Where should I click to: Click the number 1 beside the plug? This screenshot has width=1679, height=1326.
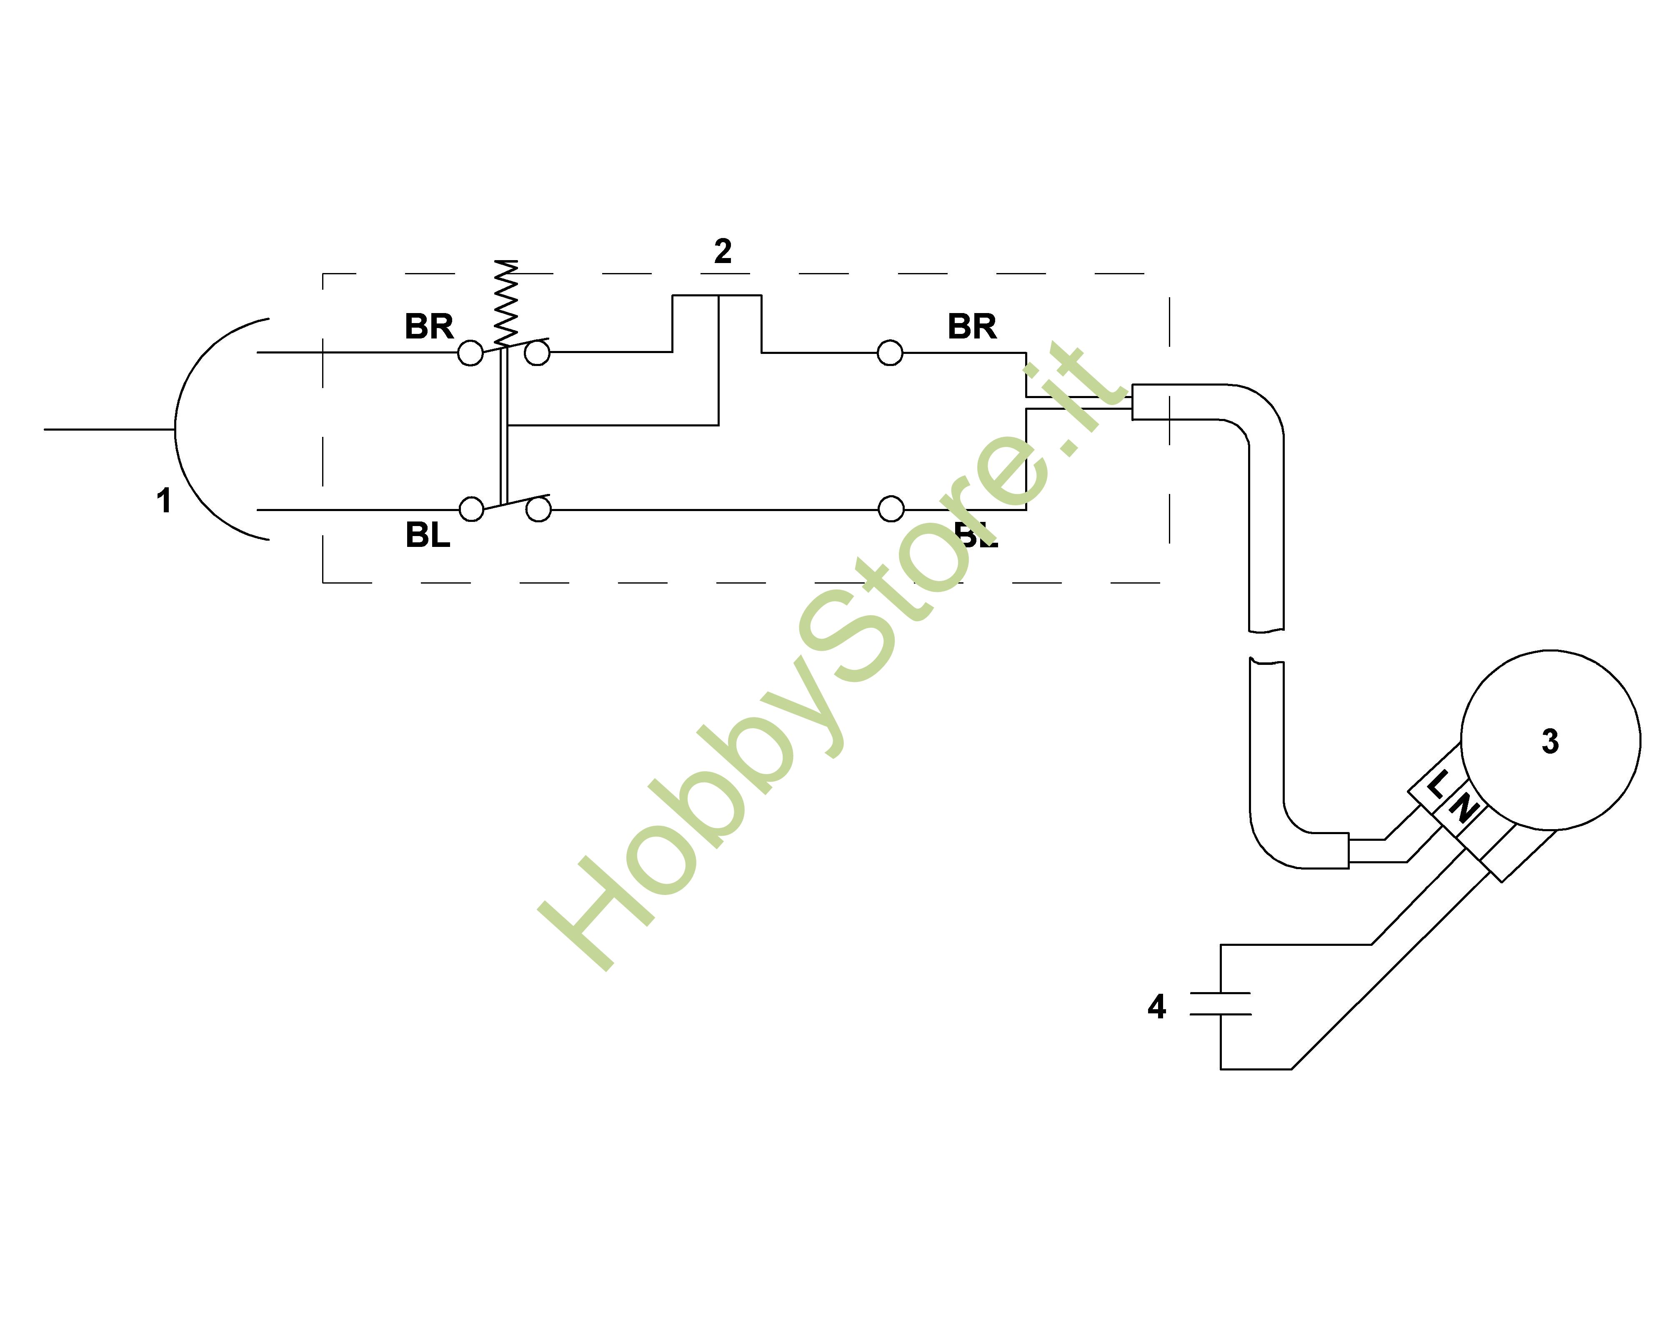(164, 501)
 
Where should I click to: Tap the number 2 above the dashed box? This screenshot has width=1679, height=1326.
(723, 251)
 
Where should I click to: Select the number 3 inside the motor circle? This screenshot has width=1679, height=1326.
(1550, 742)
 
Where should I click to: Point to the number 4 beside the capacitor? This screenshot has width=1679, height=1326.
(1156, 1007)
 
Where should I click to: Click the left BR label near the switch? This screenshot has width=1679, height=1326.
(428, 327)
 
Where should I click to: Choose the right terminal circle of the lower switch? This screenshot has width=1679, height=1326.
(538, 510)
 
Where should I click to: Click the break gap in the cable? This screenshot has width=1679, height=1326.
(1266, 644)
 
